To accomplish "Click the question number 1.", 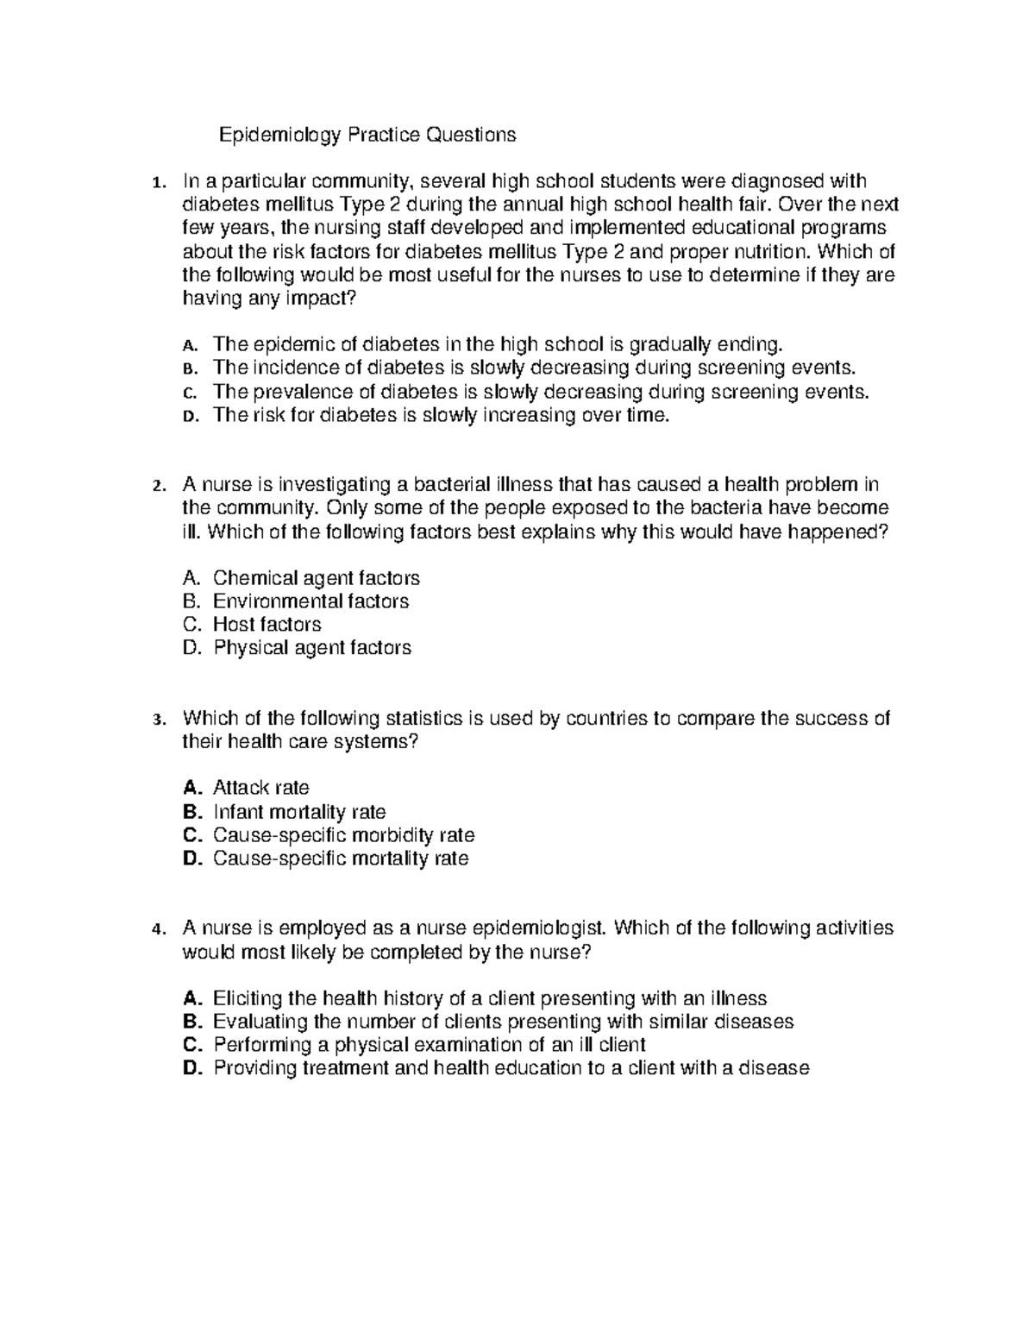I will [x=155, y=182].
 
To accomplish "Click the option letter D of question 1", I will [x=190, y=416].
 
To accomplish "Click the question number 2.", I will [x=155, y=486].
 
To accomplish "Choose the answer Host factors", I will [x=267, y=625].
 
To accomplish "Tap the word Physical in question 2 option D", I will [x=250, y=648].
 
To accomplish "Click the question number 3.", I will [x=155, y=720].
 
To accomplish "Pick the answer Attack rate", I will [x=260, y=788].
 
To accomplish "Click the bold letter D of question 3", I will [x=191, y=859].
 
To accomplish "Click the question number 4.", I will [x=155, y=929].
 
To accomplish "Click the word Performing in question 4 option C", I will [x=262, y=1046].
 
